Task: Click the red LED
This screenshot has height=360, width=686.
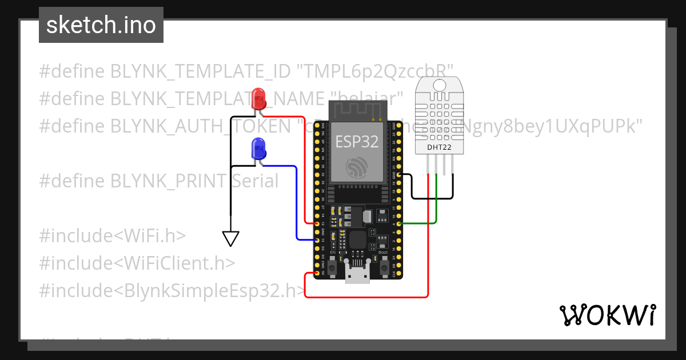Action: (258, 98)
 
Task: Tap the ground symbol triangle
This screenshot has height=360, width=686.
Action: (230, 238)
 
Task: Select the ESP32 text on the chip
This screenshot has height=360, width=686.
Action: (357, 141)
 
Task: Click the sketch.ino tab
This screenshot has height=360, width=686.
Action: (101, 25)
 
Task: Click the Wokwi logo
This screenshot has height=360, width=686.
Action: (607, 315)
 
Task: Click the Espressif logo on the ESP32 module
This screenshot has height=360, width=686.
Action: (357, 167)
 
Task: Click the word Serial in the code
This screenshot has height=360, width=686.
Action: (255, 181)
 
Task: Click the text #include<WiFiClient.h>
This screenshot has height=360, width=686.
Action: (137, 263)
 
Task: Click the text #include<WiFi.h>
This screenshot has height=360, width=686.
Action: (113, 235)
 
